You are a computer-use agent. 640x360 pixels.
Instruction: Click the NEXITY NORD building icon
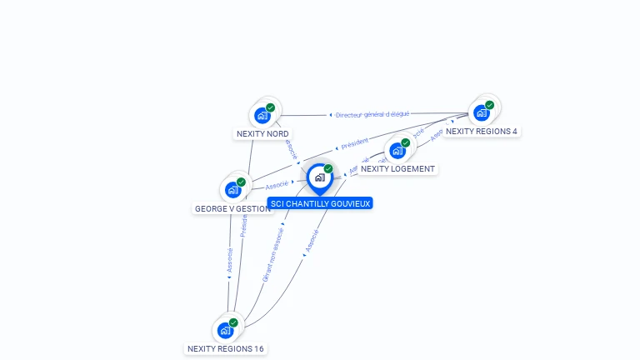263,115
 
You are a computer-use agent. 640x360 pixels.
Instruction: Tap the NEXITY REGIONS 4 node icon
482,112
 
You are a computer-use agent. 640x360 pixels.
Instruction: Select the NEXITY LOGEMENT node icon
397,151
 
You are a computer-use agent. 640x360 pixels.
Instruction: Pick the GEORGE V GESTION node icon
233,189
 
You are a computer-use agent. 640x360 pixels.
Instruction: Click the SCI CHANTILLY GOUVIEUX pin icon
320,177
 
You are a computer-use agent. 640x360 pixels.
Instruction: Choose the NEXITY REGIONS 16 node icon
226,330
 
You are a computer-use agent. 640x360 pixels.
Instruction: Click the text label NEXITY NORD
263,133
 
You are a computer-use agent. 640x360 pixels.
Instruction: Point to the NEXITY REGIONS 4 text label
482,131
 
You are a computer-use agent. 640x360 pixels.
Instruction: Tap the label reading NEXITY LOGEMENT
397,169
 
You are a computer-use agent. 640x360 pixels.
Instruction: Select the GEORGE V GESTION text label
232,208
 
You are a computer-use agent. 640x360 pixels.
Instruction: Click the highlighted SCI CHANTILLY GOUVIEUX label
320,202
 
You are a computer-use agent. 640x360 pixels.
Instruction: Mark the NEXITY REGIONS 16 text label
227,348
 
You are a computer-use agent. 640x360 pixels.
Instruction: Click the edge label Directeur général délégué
372,114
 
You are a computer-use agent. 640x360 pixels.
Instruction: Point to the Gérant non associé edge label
272,255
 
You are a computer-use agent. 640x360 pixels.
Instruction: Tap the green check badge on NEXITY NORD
271,107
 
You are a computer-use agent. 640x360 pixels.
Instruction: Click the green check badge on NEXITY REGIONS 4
490,105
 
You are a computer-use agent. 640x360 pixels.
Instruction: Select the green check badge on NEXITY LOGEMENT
406,142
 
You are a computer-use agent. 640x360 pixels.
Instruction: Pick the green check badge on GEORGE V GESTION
241,182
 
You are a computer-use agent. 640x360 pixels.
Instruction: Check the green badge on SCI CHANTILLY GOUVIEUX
328,168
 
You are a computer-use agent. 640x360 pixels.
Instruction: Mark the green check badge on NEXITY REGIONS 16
233,322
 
